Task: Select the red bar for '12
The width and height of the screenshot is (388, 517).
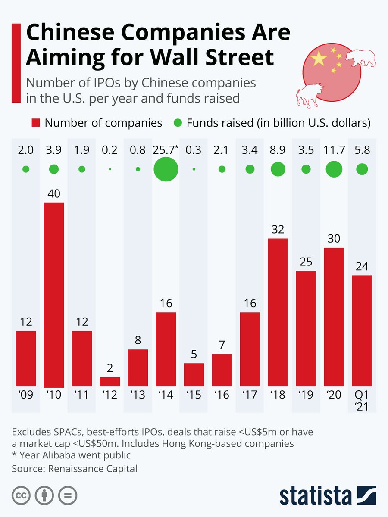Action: pos(110,382)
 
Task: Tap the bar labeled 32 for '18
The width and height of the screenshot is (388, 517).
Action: pos(278,312)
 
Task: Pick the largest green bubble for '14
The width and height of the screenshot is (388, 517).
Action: pos(166,169)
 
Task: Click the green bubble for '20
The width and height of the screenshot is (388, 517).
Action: pos(334,169)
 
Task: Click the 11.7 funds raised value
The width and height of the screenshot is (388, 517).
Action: pos(334,150)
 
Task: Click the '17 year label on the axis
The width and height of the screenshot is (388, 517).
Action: pos(250,395)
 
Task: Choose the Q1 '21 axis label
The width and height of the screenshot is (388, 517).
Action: pos(362,400)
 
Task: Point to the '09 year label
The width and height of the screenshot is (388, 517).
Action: pos(26,395)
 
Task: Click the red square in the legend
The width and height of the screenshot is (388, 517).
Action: pos(36,123)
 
